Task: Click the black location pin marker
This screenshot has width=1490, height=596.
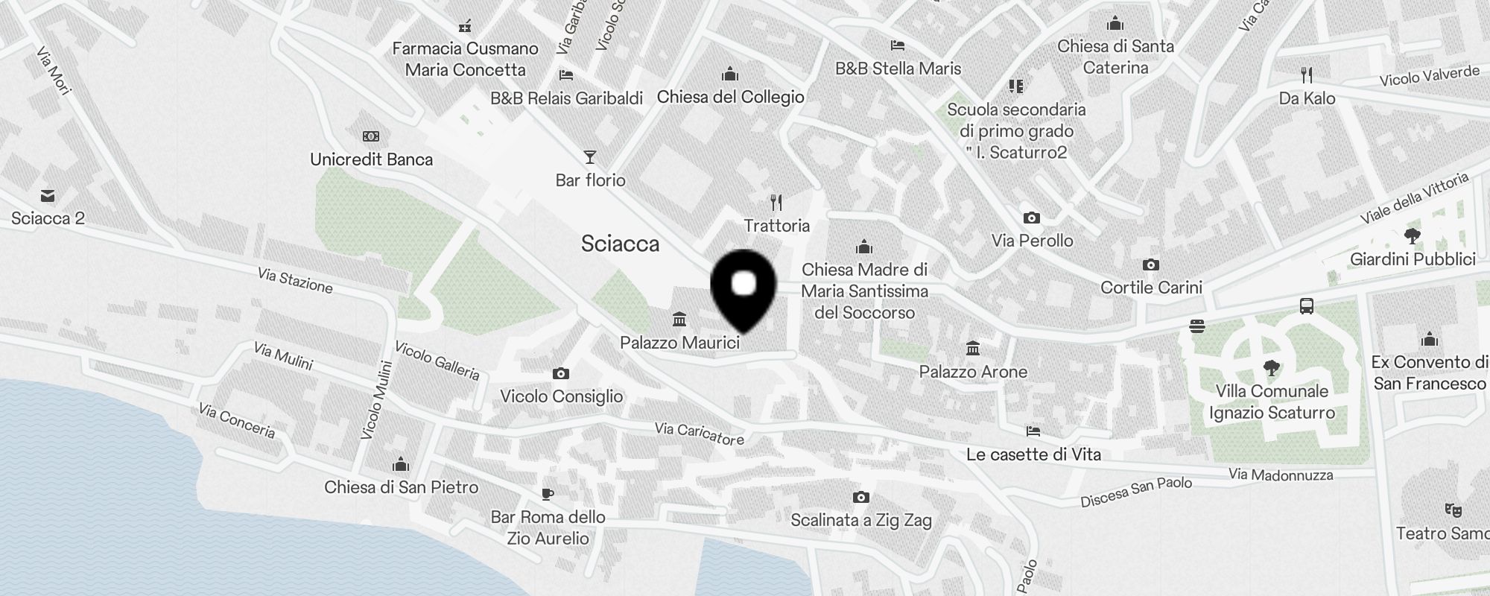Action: pyautogui.click(x=744, y=288)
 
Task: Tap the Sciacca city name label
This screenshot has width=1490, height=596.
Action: pyautogui.click(x=620, y=244)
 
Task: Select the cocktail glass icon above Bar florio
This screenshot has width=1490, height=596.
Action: pyautogui.click(x=590, y=157)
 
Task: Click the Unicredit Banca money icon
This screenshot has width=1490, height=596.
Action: pyautogui.click(x=371, y=136)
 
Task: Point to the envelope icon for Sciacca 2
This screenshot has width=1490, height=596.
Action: pyautogui.click(x=48, y=196)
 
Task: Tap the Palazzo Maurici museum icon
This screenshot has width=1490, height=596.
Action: pyautogui.click(x=679, y=320)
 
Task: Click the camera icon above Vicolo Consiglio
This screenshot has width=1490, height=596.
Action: pyautogui.click(x=561, y=373)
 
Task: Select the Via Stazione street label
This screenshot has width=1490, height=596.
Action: pyautogui.click(x=295, y=280)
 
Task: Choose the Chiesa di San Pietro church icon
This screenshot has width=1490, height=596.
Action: pyautogui.click(x=401, y=465)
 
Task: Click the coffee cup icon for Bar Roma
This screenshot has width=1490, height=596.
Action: pyautogui.click(x=548, y=494)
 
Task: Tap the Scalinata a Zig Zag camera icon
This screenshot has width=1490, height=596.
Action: pyautogui.click(x=860, y=497)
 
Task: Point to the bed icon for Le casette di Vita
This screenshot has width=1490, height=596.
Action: pyautogui.click(x=1033, y=431)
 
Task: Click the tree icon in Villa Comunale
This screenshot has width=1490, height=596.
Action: pyautogui.click(x=1272, y=367)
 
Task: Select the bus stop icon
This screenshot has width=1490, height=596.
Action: pyautogui.click(x=1306, y=306)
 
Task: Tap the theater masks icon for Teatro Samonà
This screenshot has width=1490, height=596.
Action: pyautogui.click(x=1453, y=510)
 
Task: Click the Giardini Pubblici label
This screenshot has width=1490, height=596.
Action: pyautogui.click(x=1413, y=259)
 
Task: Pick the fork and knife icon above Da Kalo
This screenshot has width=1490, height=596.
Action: pyautogui.click(x=1306, y=74)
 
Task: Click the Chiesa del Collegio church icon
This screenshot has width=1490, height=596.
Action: pyautogui.click(x=730, y=74)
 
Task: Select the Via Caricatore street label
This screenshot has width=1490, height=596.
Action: pyautogui.click(x=700, y=433)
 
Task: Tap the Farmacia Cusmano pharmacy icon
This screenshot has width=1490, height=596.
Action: pyautogui.click(x=465, y=26)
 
